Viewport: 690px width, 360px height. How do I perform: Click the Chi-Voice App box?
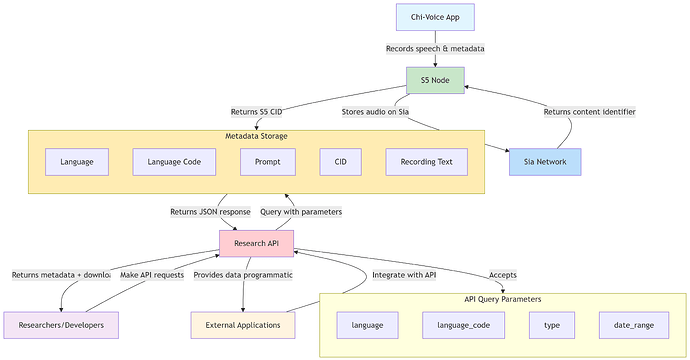(x=435, y=17)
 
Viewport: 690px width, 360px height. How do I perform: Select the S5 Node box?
(x=435, y=80)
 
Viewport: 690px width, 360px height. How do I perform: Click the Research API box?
(x=256, y=243)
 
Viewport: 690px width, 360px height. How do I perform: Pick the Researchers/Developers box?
(x=61, y=325)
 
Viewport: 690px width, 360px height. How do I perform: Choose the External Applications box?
(x=243, y=325)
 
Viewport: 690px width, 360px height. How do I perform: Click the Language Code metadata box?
(x=174, y=161)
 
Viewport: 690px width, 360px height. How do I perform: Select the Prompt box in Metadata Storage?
(x=268, y=161)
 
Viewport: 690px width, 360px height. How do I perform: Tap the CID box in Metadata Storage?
(x=340, y=161)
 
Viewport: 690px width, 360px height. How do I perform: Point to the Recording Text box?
(x=426, y=161)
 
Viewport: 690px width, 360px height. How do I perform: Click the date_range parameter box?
(x=633, y=325)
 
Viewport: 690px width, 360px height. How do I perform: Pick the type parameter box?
(x=551, y=325)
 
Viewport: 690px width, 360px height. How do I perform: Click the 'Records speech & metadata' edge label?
(x=435, y=48)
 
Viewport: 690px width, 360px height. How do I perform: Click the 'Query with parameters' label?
(x=301, y=211)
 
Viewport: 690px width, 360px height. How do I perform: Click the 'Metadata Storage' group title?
(x=256, y=136)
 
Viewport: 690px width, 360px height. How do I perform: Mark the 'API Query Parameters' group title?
(x=504, y=299)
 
